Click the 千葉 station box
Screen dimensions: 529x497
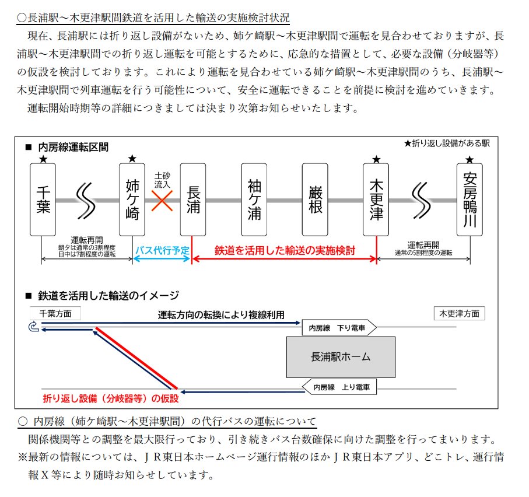click(43, 199)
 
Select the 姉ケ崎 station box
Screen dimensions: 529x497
click(132, 199)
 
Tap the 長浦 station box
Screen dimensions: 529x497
click(193, 199)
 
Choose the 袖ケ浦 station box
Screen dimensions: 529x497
click(254, 199)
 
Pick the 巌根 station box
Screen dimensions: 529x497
click(315, 199)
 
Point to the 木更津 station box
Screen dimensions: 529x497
click(376, 199)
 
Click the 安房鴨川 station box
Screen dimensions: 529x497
click(470, 199)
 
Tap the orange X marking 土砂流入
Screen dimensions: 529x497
click(162, 201)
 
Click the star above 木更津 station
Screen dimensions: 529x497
click(376, 159)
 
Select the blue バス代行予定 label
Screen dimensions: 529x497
click(162, 250)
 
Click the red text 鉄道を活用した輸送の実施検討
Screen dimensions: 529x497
click(285, 250)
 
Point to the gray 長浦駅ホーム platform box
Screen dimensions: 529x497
click(341, 357)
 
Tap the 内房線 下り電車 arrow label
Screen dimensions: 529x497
click(339, 328)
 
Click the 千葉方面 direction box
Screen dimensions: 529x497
click(55, 313)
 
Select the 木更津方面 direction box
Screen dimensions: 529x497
click(459, 313)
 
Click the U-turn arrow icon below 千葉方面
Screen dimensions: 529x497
click(34, 327)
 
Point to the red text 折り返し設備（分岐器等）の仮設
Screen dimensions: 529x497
click(111, 399)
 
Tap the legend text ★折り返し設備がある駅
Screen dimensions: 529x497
click(447, 143)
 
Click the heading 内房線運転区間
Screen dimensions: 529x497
click(73, 147)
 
